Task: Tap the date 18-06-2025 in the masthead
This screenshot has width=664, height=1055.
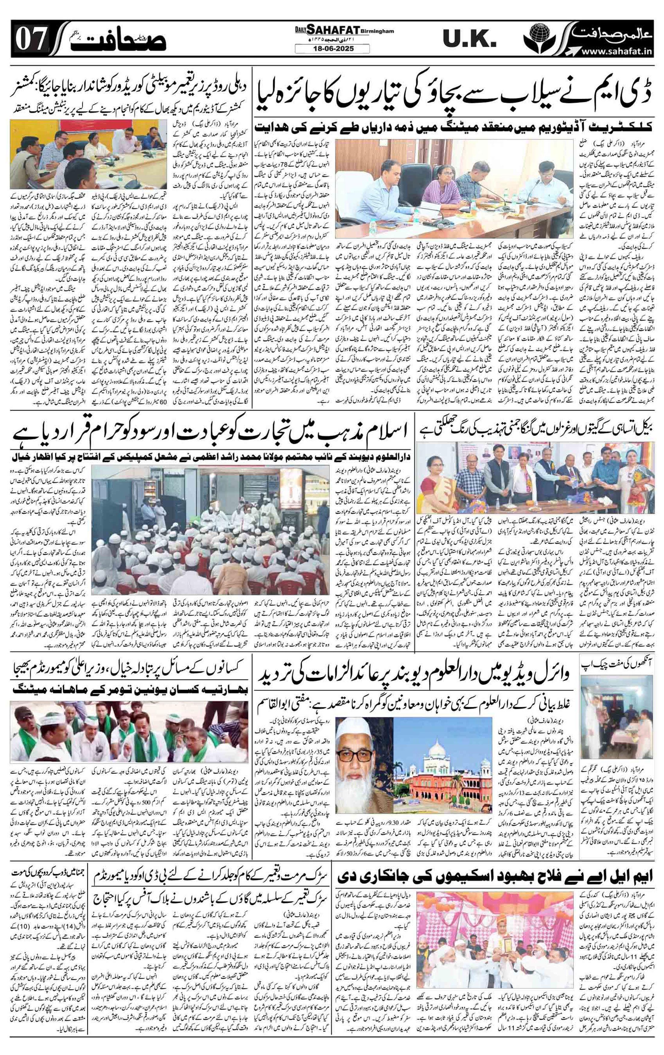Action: (332, 49)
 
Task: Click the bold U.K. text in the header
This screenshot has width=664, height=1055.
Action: (468, 40)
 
